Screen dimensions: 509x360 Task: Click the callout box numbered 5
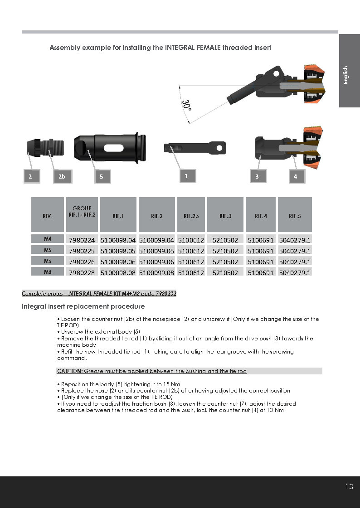pos(102,176)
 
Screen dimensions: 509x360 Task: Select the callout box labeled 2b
pos(62,176)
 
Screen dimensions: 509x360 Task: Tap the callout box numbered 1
pos(186,176)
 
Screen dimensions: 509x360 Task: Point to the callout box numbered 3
pos(258,176)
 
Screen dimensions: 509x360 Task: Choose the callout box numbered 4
pos(296,176)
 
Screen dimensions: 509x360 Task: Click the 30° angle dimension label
pos(186,106)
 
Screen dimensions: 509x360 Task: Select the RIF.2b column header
pos(191,215)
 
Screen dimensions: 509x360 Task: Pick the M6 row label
pos(48,261)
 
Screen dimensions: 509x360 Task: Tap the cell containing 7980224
pos(82,240)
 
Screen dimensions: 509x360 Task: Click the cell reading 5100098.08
pos(118,272)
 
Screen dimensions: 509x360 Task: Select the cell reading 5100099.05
pos(156,251)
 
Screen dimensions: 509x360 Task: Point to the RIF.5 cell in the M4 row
pos(295,240)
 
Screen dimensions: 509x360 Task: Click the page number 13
pos(349,486)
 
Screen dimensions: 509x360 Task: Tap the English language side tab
pos(346,75)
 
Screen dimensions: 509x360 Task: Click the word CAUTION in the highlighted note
pos(69,371)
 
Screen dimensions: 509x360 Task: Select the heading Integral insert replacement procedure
pos(83,306)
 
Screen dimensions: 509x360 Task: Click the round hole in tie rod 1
pos(219,147)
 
